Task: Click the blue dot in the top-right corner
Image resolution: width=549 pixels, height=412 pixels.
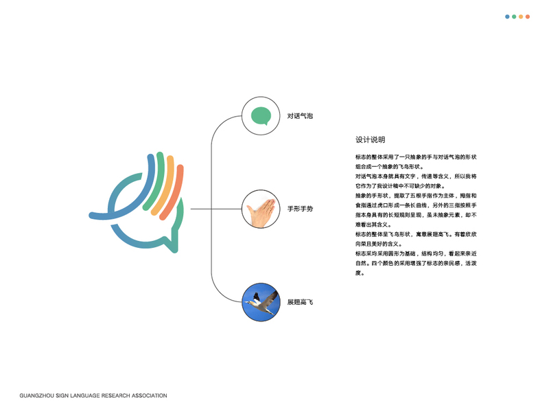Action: (x=507, y=16)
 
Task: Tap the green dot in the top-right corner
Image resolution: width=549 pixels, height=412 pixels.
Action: (x=514, y=16)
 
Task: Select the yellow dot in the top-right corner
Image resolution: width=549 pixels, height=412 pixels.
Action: (x=521, y=16)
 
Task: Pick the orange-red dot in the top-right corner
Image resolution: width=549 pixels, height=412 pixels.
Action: (x=528, y=16)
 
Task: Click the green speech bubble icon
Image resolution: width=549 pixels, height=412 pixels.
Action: (x=261, y=116)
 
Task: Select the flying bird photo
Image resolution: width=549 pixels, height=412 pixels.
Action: (x=261, y=302)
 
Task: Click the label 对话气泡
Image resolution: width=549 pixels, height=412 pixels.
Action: (x=300, y=116)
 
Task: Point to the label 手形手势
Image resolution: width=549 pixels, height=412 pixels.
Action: (x=300, y=209)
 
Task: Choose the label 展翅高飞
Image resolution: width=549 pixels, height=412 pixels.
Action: (x=300, y=302)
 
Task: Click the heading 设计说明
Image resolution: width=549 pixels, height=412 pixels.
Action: (x=371, y=140)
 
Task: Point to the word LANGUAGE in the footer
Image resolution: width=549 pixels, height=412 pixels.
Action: (x=85, y=396)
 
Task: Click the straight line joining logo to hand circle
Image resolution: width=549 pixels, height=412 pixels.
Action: (x=216, y=209)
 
